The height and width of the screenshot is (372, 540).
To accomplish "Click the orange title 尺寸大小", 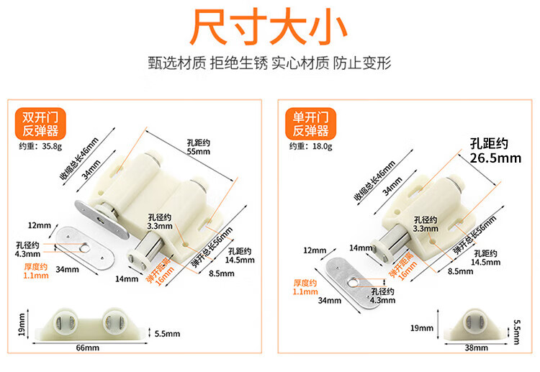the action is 269,27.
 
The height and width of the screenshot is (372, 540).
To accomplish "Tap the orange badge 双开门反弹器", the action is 40,124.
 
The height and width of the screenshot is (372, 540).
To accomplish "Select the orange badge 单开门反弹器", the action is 310,124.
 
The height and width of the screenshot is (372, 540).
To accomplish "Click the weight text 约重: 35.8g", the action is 40,146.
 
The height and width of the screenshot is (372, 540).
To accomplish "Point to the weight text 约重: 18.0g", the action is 310,146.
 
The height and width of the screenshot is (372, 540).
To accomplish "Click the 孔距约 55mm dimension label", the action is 199,147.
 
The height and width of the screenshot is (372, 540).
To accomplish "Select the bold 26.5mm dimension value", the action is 495,158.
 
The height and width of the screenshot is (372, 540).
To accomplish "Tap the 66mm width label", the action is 87,348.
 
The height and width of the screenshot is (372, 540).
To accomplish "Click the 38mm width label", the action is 477,348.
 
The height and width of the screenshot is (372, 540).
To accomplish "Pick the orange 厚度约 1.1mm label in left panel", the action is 36,271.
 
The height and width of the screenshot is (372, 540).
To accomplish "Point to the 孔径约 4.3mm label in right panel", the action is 382,296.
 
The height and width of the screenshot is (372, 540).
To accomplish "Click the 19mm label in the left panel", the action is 22,325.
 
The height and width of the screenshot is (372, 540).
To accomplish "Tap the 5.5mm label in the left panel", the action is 167,333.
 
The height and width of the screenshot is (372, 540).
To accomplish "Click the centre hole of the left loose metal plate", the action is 85,247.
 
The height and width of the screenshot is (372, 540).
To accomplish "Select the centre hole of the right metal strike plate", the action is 352,283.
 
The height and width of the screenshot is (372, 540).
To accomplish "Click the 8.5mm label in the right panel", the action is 461,271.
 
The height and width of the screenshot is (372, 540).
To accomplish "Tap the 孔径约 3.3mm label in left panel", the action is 160,222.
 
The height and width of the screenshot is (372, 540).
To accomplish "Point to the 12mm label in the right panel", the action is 315,250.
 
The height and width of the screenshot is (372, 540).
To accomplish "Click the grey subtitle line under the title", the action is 269,63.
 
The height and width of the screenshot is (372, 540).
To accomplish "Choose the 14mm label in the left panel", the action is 127,278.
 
